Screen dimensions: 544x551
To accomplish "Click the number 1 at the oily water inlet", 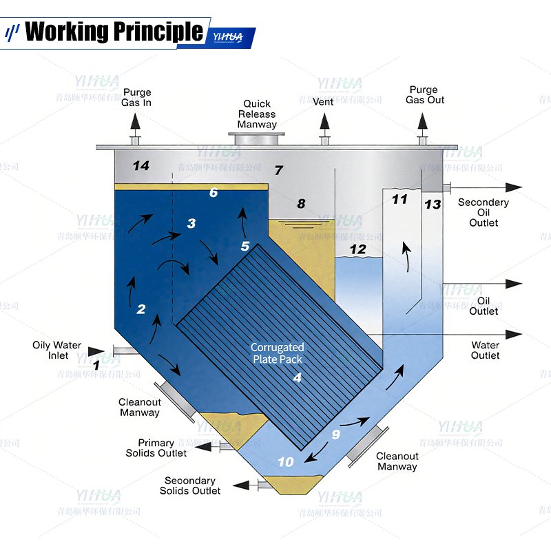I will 96,365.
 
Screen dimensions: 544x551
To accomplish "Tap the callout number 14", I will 141,166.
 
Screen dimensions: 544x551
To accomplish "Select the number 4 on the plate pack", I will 298,377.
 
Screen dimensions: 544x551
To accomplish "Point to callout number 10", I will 285,462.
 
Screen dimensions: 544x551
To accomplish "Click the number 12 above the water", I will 357,250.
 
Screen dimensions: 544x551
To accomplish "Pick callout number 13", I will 433,205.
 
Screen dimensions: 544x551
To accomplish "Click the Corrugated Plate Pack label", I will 277,353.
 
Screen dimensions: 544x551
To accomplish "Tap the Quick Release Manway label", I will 257,114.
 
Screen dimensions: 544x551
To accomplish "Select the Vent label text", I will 323,102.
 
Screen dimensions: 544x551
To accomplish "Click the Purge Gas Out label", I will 424,95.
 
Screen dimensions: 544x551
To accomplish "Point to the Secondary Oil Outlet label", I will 484,212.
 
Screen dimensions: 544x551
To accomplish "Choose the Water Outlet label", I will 485,350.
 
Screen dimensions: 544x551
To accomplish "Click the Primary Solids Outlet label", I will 156,448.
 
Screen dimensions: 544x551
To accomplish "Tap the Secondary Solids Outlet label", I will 191,485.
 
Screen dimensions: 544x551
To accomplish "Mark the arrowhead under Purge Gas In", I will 136,123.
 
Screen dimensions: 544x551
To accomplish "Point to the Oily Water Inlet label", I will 57,351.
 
